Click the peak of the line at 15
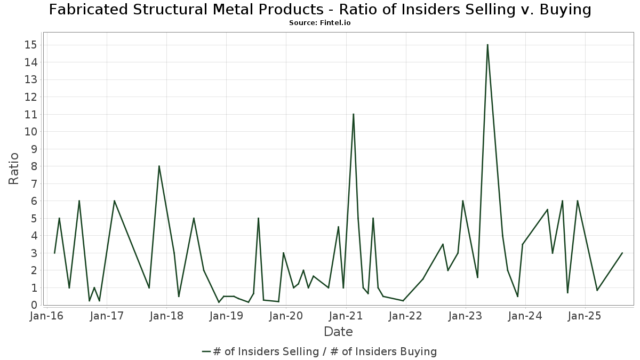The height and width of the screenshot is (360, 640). click(x=487, y=45)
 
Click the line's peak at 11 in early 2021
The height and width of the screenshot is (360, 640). click(x=353, y=114)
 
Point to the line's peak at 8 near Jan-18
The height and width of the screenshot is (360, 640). click(x=159, y=166)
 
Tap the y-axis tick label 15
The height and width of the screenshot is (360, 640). click(x=30, y=45)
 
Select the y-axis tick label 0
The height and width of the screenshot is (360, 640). click(x=34, y=305)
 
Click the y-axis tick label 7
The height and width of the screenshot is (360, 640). click(x=34, y=183)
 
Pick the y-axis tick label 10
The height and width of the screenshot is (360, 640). click(x=30, y=132)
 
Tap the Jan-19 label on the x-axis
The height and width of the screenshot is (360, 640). click(x=226, y=316)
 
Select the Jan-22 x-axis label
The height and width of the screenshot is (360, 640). click(x=406, y=316)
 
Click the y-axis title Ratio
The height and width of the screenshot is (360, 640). click(x=14, y=169)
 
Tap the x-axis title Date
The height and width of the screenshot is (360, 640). click(x=338, y=332)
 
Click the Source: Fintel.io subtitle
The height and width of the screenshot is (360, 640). click(x=320, y=23)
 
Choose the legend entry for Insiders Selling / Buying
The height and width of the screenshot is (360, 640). click(x=320, y=351)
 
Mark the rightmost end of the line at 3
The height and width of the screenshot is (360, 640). click(x=622, y=253)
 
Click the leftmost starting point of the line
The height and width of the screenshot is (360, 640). click(x=54, y=253)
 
